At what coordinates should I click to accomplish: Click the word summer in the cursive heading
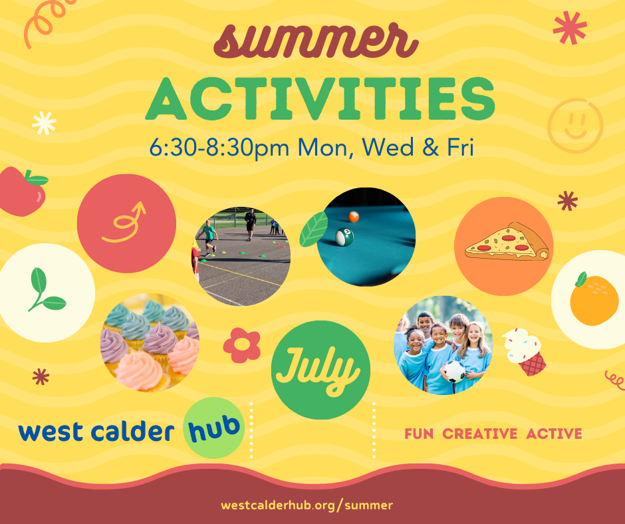(x=316, y=41)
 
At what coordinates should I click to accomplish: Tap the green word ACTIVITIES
(x=320, y=99)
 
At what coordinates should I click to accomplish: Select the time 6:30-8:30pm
(x=219, y=148)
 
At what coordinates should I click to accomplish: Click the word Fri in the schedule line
(x=460, y=147)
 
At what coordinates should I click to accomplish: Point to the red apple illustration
(x=23, y=192)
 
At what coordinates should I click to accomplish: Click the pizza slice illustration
(x=507, y=241)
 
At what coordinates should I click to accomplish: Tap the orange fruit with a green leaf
(x=594, y=299)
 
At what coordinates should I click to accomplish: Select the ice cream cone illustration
(x=524, y=352)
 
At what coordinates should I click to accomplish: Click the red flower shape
(x=242, y=345)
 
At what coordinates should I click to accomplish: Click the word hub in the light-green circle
(x=214, y=428)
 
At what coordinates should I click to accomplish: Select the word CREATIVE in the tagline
(x=480, y=434)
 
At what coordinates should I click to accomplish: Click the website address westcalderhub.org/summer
(x=307, y=505)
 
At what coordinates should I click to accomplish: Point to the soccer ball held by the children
(x=454, y=372)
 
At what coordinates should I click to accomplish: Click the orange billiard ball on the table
(x=354, y=217)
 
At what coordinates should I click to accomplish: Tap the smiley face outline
(x=575, y=126)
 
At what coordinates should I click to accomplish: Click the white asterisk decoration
(x=44, y=123)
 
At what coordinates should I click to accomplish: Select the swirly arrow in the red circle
(x=124, y=223)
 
